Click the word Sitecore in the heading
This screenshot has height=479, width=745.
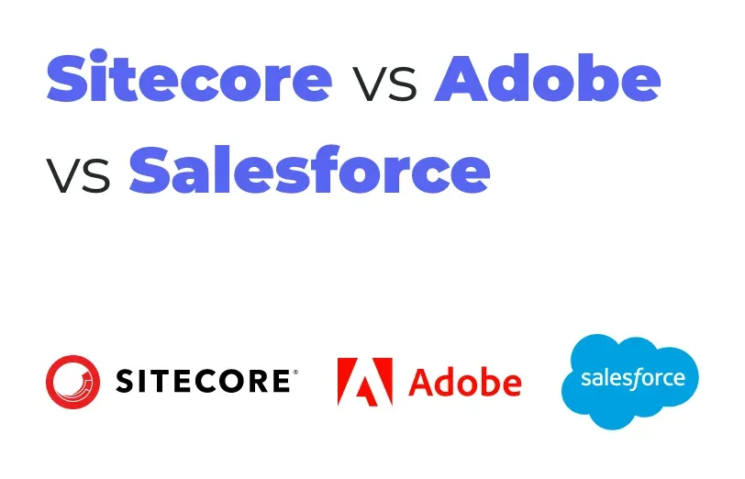click(x=189, y=76)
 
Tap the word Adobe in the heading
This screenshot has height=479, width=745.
click(x=548, y=77)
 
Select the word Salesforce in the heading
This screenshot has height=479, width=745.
click(x=309, y=169)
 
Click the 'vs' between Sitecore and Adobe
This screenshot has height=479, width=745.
click(x=384, y=84)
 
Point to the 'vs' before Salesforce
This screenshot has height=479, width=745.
click(x=78, y=175)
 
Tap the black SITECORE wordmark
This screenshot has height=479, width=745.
click(x=203, y=381)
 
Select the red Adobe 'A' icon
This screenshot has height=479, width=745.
click(x=365, y=382)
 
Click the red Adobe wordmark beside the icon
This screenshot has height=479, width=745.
click(x=464, y=383)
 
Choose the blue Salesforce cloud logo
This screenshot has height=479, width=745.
click(x=630, y=381)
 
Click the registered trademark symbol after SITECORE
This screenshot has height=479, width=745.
click(x=295, y=372)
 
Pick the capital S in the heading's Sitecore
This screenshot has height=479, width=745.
click(x=67, y=77)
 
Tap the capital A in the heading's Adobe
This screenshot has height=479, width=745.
click(x=461, y=77)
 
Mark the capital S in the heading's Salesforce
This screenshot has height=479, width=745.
click(x=150, y=170)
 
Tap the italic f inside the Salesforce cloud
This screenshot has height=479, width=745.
click(x=633, y=379)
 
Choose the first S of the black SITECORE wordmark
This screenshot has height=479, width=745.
click(x=125, y=381)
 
